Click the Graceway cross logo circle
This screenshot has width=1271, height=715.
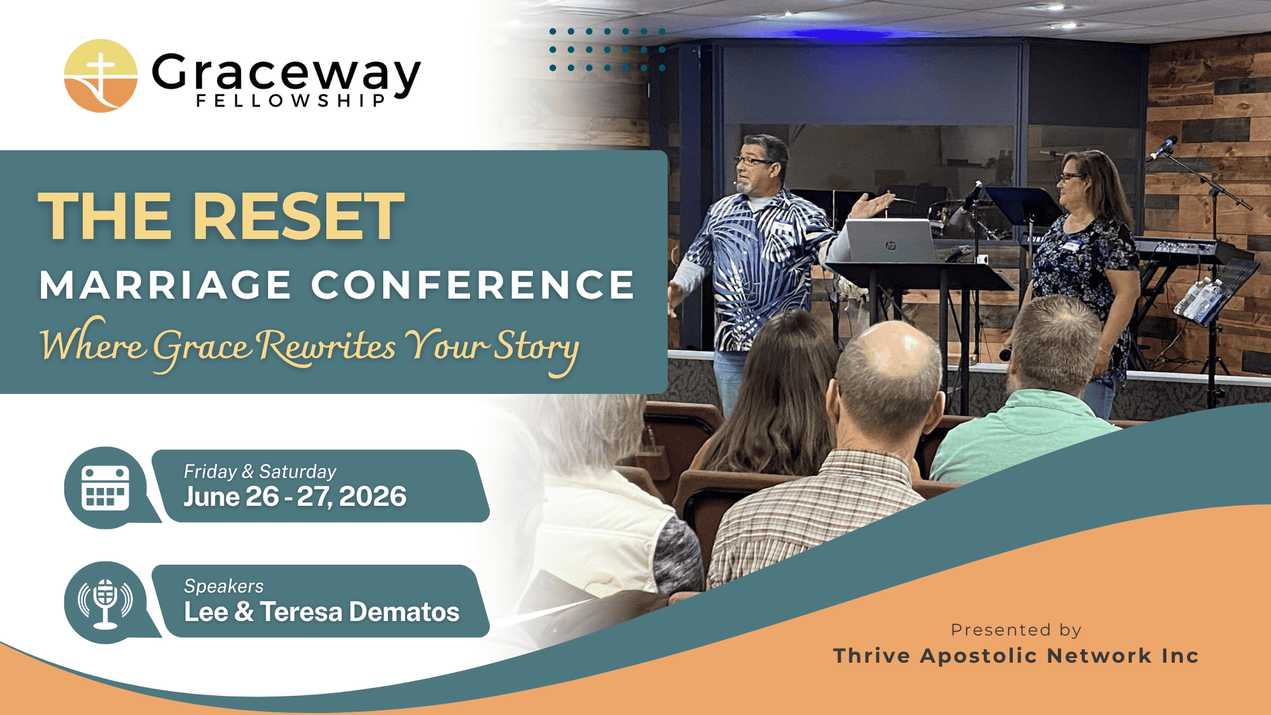[101, 75]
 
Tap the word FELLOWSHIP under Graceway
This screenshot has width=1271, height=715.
[291, 101]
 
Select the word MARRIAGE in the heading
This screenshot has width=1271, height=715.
[165, 285]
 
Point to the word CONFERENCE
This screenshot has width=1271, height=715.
[473, 285]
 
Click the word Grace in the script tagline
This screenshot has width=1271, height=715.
[202, 346]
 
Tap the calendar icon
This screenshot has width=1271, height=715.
[105, 487]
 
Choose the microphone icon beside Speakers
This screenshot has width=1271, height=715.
[105, 602]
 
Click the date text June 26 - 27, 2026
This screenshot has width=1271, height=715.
[295, 497]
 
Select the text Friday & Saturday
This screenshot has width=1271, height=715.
[260, 471]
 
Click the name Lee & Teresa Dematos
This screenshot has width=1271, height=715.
[322, 612]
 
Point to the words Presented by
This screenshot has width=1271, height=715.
[1016, 630]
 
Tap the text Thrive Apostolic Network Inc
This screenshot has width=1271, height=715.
[1016, 655]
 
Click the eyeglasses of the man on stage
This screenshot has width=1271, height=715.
[753, 161]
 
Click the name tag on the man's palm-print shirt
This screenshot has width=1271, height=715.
[784, 226]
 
